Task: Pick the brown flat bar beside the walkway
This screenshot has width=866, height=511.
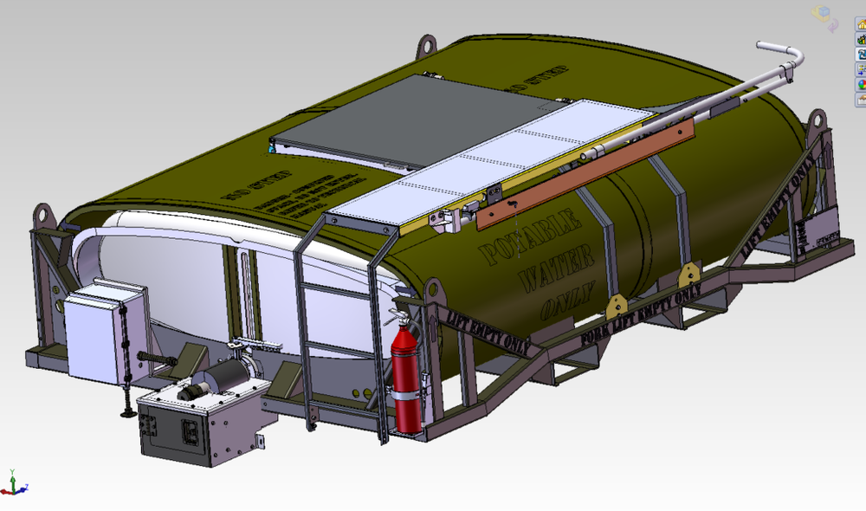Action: pos(589,170)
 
